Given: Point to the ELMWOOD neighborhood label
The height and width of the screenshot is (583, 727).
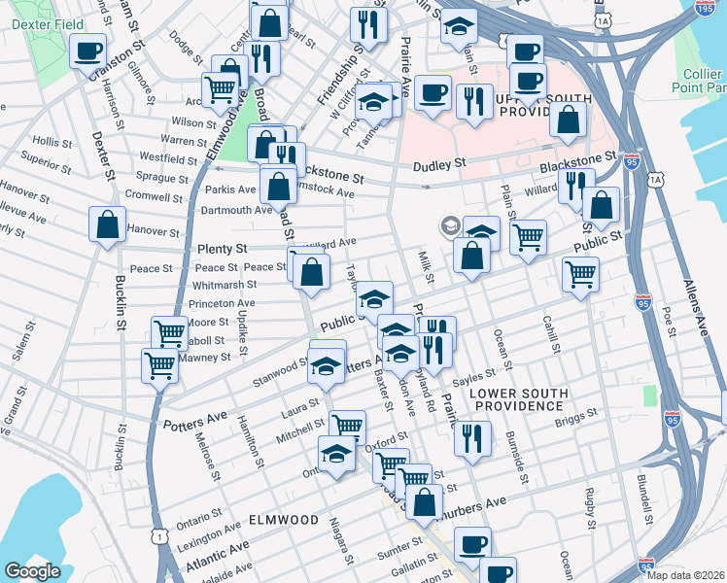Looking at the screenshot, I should point(284,520).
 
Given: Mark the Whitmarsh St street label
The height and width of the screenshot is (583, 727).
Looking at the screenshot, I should point(225,285).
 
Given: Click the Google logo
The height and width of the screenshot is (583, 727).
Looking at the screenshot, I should point(32,570).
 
